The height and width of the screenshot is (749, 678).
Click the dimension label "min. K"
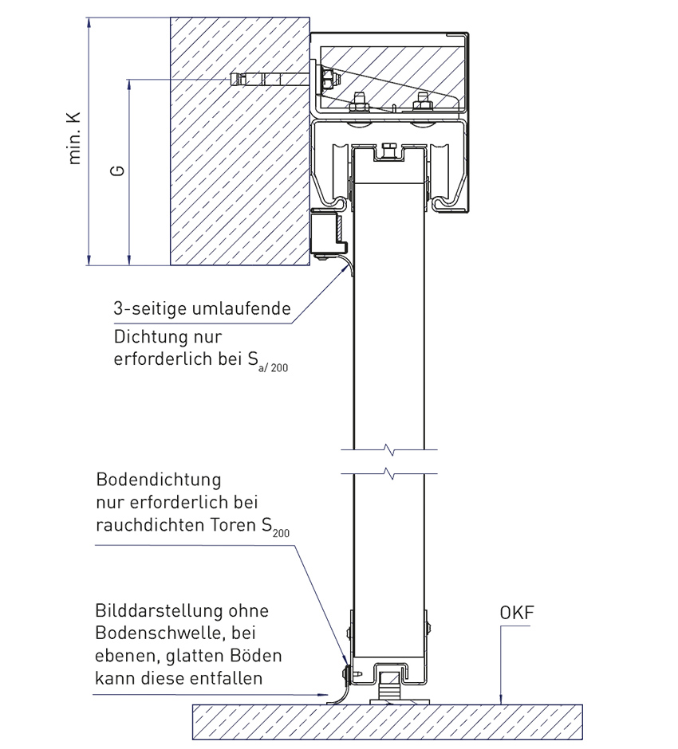pyautogui.click(x=77, y=137)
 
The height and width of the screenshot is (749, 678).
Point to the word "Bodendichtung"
pyautogui.click(x=157, y=481)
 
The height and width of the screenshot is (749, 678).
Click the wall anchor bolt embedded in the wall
pyautogui.click(x=267, y=80)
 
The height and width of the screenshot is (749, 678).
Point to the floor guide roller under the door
pyautogui.click(x=390, y=687)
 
